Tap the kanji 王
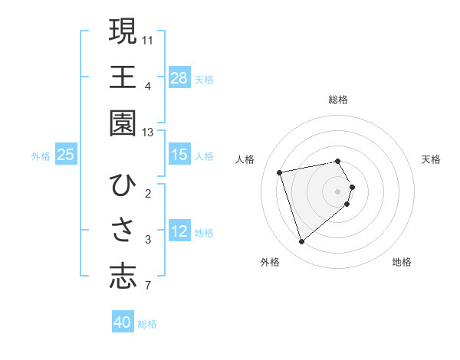point(123,77)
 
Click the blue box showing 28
point(179,77)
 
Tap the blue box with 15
point(179,155)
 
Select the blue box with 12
point(179,231)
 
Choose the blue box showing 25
point(66,155)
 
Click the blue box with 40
point(123,322)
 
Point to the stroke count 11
point(148,39)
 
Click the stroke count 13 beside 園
point(148,133)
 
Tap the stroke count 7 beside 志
point(148,286)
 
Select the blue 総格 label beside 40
point(147,324)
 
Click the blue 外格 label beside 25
point(41,156)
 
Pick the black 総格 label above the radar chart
point(338,100)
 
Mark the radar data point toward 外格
point(301,242)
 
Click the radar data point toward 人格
point(280,172)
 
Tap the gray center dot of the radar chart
point(338,189)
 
